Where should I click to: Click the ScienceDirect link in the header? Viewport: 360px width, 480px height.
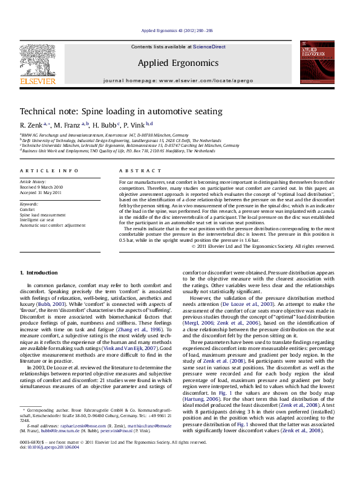209,47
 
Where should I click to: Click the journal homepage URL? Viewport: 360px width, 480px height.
203,80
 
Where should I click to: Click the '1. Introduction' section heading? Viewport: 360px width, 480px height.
39,273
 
